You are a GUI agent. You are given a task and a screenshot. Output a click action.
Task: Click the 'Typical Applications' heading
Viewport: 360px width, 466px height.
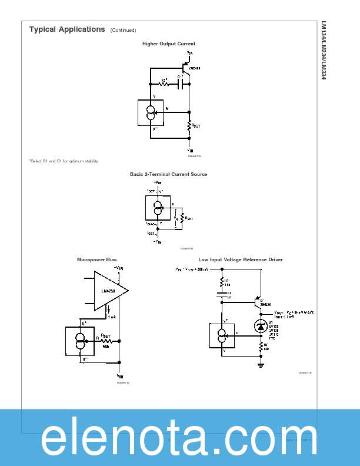(67, 29)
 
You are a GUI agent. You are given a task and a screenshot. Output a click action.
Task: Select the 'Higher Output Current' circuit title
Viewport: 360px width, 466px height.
(168, 44)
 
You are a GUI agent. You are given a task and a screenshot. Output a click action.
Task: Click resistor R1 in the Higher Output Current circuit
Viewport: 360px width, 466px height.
(165, 84)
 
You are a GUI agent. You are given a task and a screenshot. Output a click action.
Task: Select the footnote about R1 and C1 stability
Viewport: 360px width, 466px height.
(64, 161)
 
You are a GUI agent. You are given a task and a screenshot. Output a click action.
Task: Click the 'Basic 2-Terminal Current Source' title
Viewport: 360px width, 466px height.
(168, 174)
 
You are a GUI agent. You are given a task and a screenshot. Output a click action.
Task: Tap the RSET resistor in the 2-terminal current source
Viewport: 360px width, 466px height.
(184, 218)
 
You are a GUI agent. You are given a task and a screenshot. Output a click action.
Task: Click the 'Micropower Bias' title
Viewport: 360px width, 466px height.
(93, 259)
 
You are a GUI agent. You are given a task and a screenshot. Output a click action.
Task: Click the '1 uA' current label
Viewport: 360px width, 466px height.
(112, 316)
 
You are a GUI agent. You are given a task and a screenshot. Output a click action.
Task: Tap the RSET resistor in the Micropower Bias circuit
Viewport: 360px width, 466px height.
(106, 341)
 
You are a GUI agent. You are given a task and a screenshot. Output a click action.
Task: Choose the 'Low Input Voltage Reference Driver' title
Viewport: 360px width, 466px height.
(240, 259)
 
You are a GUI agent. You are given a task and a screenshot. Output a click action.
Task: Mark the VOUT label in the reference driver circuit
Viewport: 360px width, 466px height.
(279, 312)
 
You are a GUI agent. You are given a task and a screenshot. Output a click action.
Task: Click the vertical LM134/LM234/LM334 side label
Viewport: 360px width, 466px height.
(323, 51)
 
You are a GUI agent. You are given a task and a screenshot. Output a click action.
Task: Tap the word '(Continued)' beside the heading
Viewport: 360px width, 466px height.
(123, 30)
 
